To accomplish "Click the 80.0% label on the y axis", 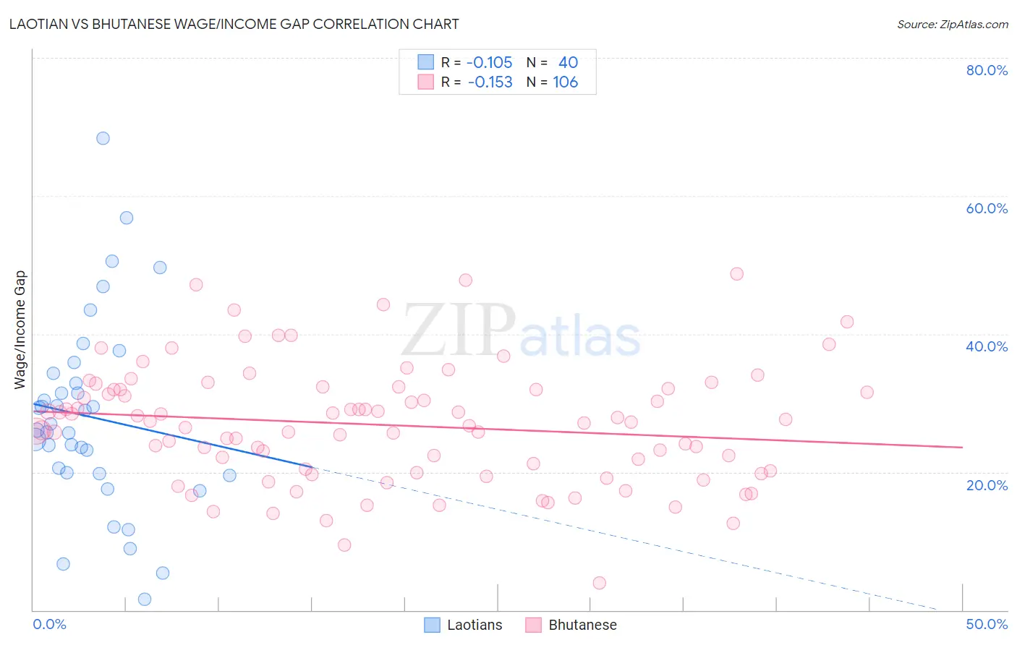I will point(987,70).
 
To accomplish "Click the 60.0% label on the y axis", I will point(987,208).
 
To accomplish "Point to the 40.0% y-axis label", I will point(987,346).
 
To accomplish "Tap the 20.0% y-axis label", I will point(987,485).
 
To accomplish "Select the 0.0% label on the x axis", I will point(50,624).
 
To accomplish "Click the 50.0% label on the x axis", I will point(987,624).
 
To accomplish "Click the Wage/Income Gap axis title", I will point(20,330).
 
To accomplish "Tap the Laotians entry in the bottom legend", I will point(475,625).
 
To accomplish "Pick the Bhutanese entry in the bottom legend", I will point(582,625).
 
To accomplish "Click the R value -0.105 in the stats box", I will point(490,63).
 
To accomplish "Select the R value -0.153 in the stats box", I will point(490,82).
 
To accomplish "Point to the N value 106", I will point(566,82).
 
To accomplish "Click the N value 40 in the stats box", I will point(568,63).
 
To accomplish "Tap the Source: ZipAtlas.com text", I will point(953,24).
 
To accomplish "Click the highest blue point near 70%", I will point(103,138).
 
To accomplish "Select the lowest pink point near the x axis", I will point(599,583).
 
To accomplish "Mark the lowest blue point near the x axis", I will point(145,599).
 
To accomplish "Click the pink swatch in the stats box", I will point(425,82).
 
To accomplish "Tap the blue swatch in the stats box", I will point(425,63).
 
